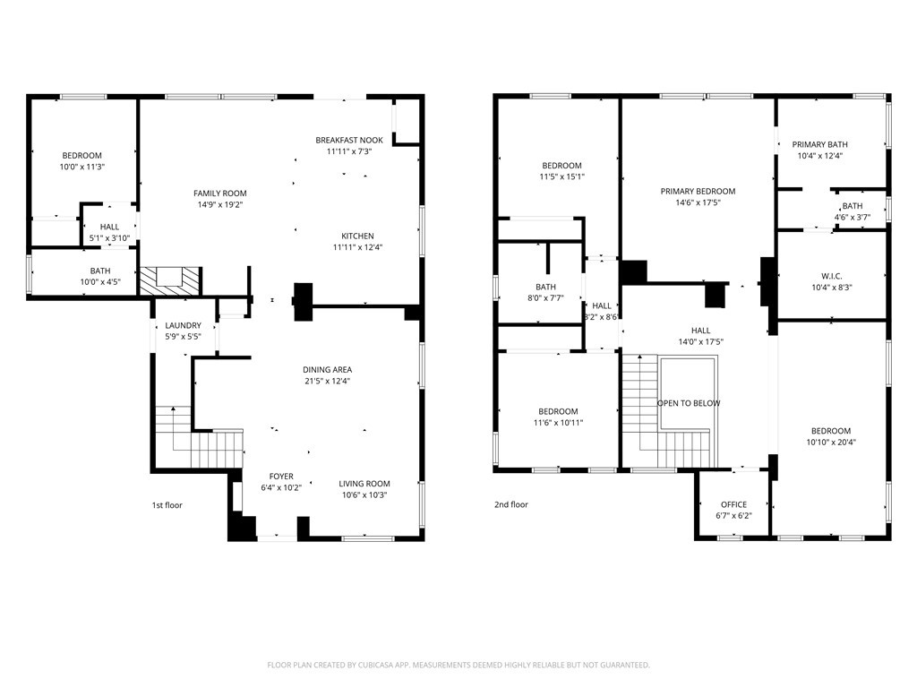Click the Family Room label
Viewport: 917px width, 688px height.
219,193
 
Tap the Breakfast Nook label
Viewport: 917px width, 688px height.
349,140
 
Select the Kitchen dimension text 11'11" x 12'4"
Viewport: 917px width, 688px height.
357,247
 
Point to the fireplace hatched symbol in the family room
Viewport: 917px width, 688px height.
169,279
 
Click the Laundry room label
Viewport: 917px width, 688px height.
183,325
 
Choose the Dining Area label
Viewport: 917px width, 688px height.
327,369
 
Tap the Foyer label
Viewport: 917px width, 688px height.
281,477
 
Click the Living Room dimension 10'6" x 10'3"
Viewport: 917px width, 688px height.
364,495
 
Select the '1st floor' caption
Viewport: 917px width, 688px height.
167,505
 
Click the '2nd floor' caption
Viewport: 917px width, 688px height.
511,504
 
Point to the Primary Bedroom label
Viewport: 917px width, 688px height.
698,191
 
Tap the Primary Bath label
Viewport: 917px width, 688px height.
819,144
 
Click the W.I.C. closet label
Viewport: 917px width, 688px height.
832,276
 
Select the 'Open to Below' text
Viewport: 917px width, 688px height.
688,403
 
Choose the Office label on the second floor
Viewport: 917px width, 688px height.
733,504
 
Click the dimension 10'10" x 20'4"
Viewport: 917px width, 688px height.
832,442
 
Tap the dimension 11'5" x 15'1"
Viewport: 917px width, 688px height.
561,176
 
